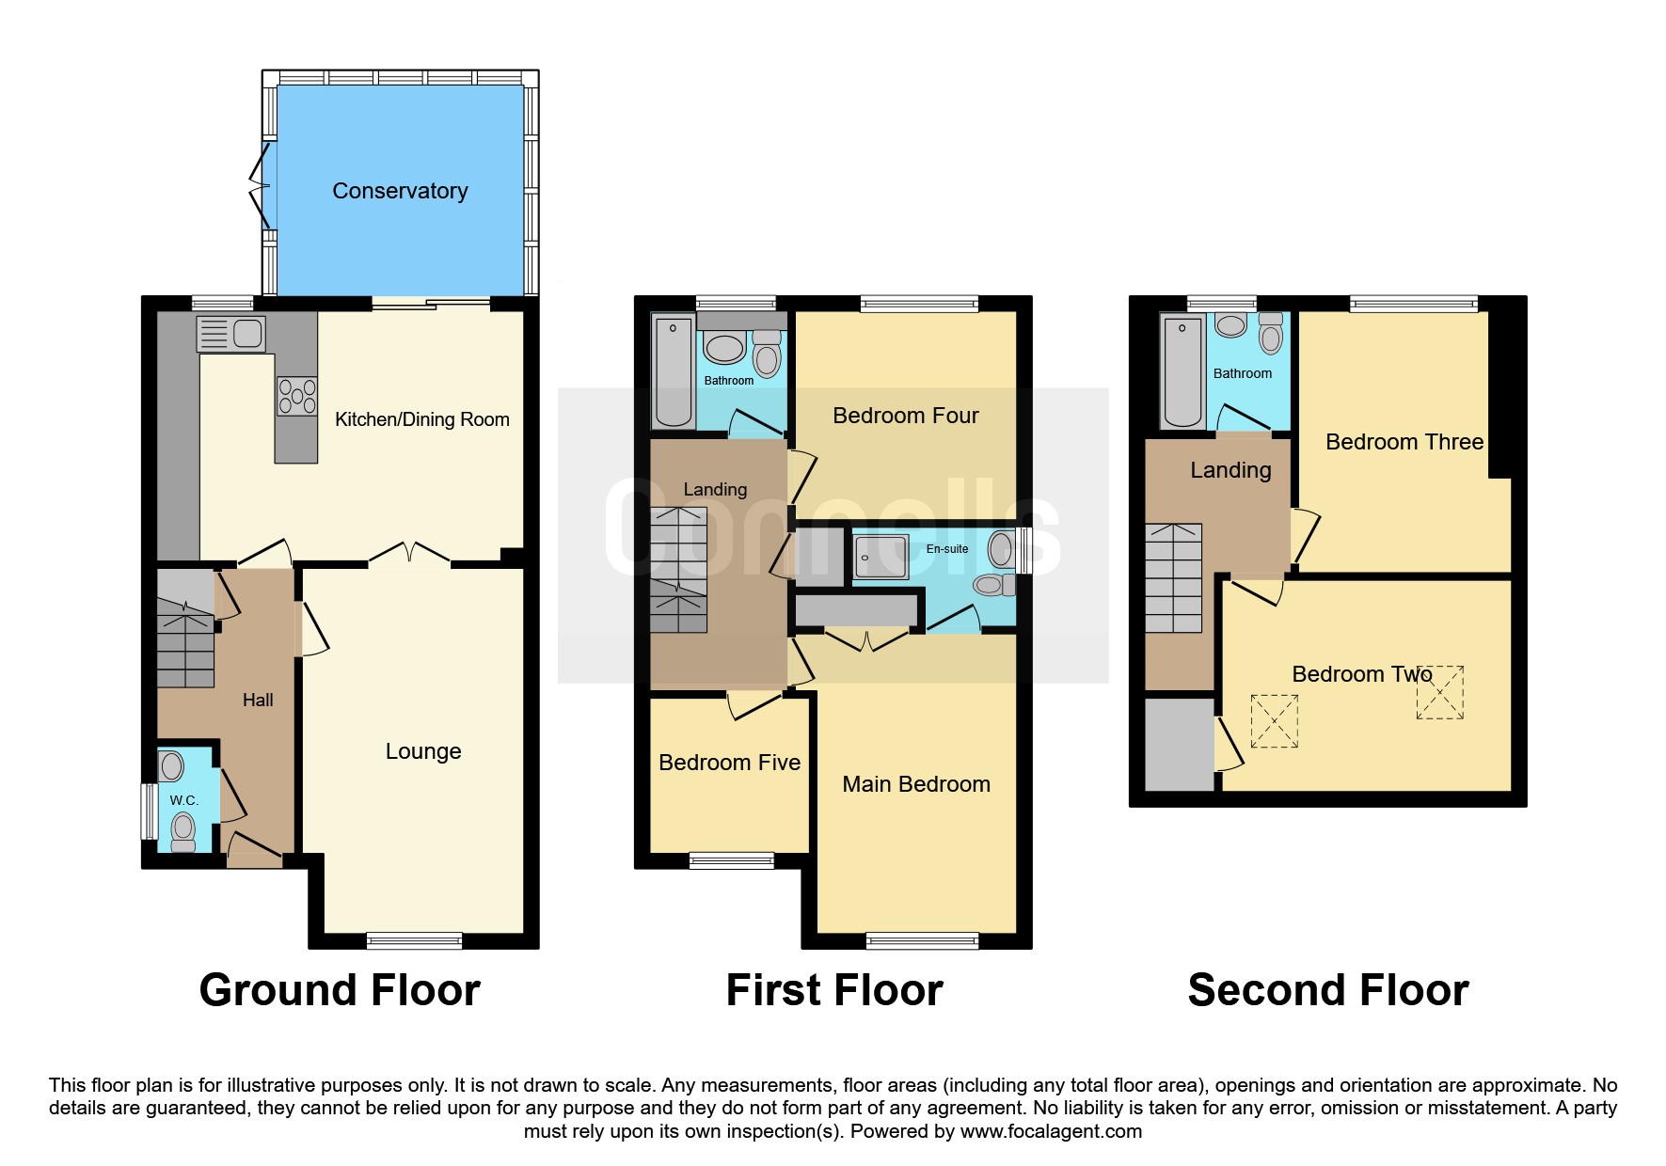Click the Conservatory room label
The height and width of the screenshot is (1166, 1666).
click(x=400, y=191)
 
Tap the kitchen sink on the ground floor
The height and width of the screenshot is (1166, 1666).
click(x=231, y=334)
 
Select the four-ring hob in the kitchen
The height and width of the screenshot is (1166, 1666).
click(x=297, y=397)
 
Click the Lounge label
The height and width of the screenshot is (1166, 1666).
click(x=423, y=751)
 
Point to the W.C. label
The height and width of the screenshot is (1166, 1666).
click(x=184, y=800)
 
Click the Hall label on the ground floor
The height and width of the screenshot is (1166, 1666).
click(x=258, y=700)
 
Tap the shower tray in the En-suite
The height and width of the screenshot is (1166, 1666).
click(x=881, y=557)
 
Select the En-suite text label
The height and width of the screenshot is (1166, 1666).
click(x=947, y=549)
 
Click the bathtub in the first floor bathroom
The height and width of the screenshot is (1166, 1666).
click(x=674, y=372)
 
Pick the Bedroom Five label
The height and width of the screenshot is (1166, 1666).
click(x=730, y=763)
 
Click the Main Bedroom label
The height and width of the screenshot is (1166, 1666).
click(x=916, y=784)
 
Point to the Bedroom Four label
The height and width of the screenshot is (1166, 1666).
click(x=906, y=416)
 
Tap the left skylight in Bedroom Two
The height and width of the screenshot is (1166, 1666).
click(x=1274, y=721)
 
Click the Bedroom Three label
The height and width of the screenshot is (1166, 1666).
click(x=1404, y=442)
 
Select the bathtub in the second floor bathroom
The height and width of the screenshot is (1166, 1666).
click(x=1183, y=372)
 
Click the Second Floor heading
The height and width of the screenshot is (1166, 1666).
click(x=1328, y=990)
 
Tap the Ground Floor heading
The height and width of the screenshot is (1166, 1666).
click(x=340, y=990)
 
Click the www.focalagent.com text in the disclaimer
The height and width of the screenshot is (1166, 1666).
click(x=1051, y=1131)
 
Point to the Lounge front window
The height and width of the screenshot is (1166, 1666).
click(x=414, y=940)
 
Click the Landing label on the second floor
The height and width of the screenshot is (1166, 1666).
click(x=1230, y=470)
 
